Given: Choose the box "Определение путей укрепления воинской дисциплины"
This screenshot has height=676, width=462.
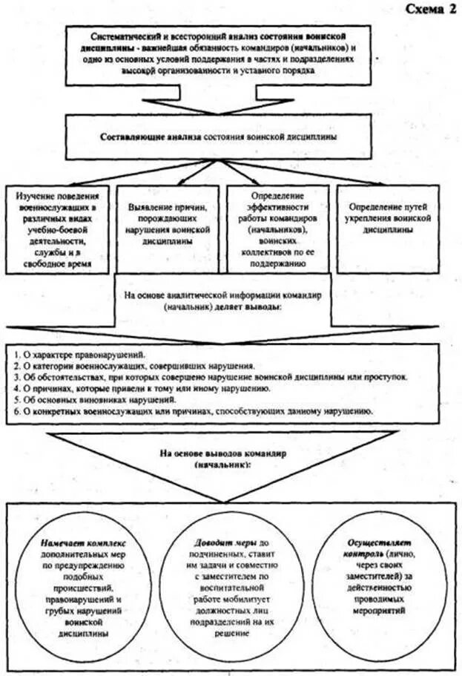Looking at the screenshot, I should tap(395, 216).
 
